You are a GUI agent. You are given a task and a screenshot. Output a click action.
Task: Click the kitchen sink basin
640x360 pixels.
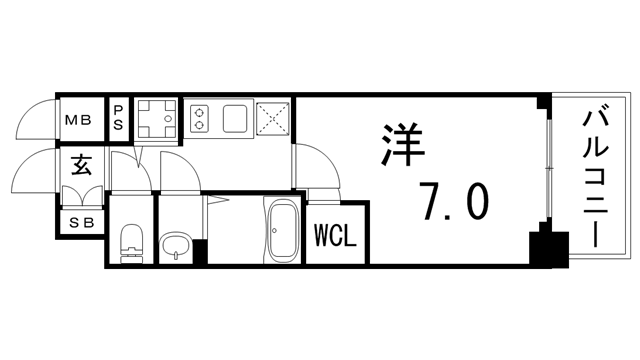pyautogui.click(x=236, y=118)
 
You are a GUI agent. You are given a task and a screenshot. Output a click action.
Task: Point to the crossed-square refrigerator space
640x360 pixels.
pyautogui.click(x=274, y=119)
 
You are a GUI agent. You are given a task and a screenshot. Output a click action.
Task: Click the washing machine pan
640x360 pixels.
pyautogui.click(x=156, y=119)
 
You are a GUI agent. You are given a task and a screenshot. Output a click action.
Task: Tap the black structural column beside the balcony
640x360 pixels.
pyautogui.click(x=545, y=246)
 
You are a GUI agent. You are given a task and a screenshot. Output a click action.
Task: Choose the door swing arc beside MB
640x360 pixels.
pyautogui.click(x=36, y=119)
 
